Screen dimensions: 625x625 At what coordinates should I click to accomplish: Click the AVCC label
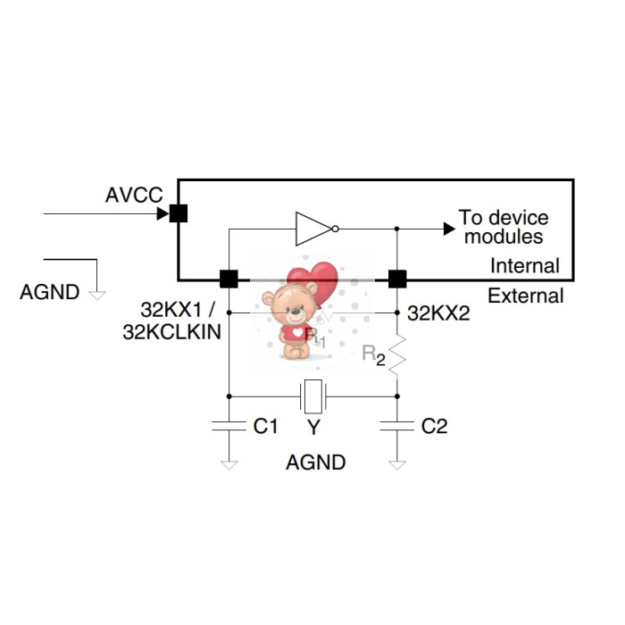point(134,195)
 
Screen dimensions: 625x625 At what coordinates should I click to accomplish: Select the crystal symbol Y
point(312,394)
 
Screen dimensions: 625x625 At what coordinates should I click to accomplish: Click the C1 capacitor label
point(265,426)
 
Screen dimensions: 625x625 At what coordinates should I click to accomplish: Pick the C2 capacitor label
point(434,426)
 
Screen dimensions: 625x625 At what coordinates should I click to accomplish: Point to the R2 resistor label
point(373,354)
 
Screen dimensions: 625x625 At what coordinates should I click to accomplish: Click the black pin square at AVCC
point(179,213)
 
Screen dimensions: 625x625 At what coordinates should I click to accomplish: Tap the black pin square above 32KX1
point(229,279)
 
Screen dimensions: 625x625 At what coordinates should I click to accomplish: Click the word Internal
point(525,265)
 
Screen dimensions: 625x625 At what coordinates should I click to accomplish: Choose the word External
point(526,296)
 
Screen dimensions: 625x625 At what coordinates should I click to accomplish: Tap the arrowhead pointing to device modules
point(449,229)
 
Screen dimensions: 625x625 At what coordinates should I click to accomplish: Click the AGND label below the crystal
point(315,462)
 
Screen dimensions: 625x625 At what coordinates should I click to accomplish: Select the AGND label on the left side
point(49,292)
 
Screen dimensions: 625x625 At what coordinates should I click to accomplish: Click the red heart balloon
point(315,282)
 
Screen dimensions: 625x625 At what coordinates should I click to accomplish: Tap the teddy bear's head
point(289,304)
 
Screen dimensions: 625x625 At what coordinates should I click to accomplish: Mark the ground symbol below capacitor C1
point(229,463)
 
